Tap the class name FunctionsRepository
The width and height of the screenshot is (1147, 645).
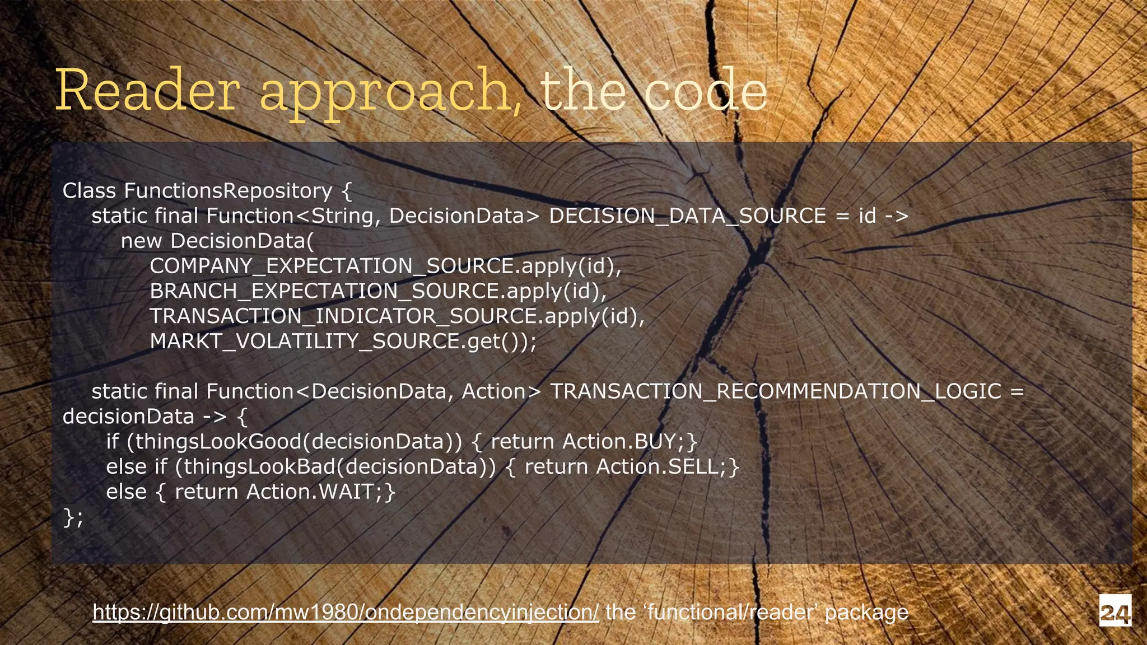click(228, 191)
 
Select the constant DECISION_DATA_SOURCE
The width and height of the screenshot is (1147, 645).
click(687, 216)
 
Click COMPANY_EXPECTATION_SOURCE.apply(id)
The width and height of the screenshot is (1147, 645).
click(385, 266)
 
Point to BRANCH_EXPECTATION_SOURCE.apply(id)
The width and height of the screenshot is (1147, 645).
click(378, 291)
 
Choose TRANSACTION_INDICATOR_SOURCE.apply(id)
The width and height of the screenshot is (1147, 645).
click(397, 316)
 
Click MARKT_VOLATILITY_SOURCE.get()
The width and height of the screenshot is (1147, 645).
click(343, 342)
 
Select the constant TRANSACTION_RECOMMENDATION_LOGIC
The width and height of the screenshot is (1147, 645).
click(775, 391)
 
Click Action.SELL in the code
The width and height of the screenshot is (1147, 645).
click(660, 467)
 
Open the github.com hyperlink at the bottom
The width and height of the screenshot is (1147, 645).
click(346, 613)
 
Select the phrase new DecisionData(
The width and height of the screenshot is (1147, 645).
click(217, 241)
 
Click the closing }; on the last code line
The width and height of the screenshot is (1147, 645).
click(73, 517)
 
